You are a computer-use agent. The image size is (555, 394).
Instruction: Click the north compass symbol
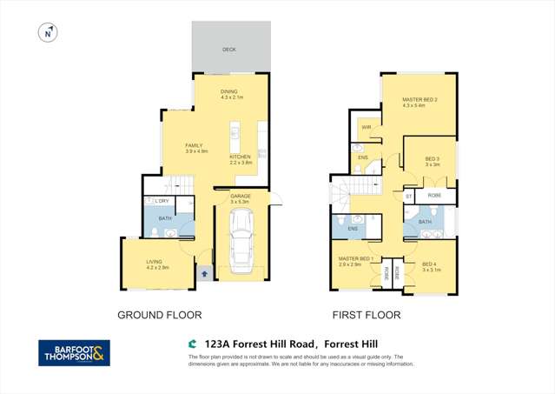click(x=47, y=33)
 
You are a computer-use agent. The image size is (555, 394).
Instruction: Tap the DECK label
click(x=229, y=50)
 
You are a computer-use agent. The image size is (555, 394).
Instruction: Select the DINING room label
click(x=228, y=91)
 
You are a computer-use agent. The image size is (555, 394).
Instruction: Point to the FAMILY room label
click(x=194, y=146)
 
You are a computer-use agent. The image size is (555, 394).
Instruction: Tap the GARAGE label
click(x=241, y=197)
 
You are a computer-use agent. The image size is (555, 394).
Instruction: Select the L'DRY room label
click(x=162, y=202)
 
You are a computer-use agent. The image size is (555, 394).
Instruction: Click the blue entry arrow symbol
click(x=204, y=273)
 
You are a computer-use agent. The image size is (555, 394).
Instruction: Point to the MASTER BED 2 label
click(x=419, y=100)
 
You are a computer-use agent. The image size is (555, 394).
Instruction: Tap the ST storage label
click(x=408, y=197)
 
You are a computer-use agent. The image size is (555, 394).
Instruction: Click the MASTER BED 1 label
click(x=356, y=258)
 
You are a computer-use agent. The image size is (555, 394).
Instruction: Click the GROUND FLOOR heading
click(x=160, y=315)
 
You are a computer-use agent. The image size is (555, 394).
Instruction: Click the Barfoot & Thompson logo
click(x=74, y=352)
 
